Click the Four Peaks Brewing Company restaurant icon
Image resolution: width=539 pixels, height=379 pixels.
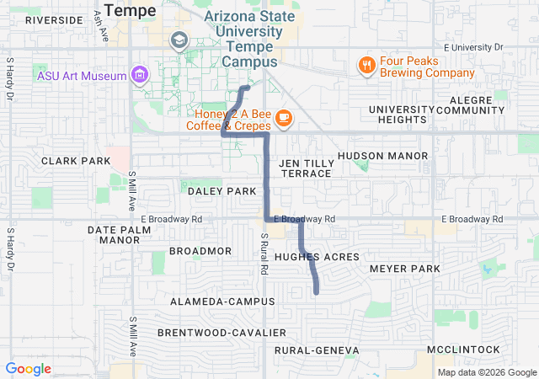pyautogui.click(x=366, y=65)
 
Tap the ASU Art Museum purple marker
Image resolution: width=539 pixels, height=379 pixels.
pyautogui.click(x=141, y=75)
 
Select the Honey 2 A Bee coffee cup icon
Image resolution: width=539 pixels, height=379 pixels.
pyautogui.click(x=283, y=118)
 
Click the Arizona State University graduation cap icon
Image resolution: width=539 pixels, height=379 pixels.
pyautogui.click(x=179, y=40)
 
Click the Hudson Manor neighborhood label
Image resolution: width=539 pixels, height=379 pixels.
pyautogui.click(x=383, y=156)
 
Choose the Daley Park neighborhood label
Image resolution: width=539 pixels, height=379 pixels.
pyautogui.click(x=221, y=191)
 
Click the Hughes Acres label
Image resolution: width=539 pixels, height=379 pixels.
pyautogui.click(x=317, y=257)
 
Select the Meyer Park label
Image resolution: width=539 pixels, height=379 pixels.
pyautogui.click(x=405, y=269)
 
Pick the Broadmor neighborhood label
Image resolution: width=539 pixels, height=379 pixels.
pyautogui.click(x=200, y=251)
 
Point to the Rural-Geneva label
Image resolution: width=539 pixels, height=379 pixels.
pyautogui.click(x=317, y=350)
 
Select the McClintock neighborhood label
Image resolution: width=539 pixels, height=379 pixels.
pyautogui.click(x=463, y=350)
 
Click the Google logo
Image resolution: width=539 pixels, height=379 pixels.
pyautogui.click(x=29, y=369)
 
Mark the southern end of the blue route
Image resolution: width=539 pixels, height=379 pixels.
pyautogui.click(x=317, y=291)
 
